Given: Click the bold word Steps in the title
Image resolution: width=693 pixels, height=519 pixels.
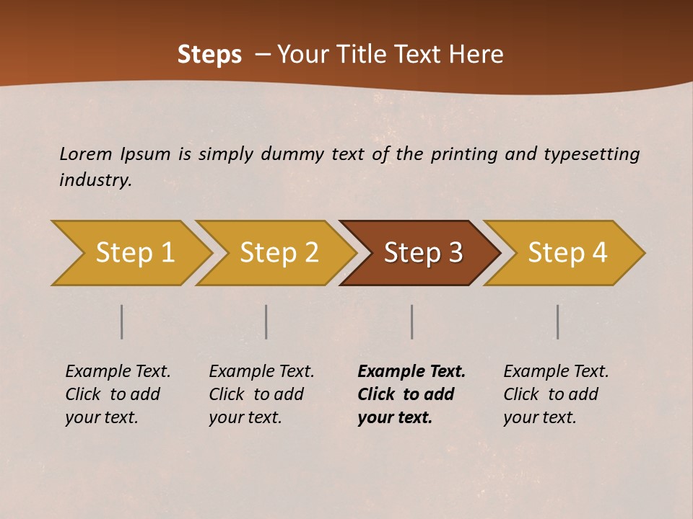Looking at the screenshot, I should [209, 55].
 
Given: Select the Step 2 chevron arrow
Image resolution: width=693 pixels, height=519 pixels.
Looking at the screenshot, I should [279, 253].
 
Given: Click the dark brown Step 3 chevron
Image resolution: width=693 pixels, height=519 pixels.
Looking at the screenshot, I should [423, 253].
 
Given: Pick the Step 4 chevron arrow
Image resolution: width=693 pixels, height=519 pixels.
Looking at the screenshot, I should [567, 253].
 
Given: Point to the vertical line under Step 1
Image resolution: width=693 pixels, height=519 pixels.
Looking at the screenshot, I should [122, 321].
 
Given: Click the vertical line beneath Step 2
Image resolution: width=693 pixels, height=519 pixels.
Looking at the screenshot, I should [266, 321].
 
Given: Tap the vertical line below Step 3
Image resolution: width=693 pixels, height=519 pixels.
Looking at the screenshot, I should [411, 321].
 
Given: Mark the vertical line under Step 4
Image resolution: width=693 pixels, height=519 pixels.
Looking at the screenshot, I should [557, 321].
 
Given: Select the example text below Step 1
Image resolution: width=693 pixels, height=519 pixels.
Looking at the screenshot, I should [117, 394].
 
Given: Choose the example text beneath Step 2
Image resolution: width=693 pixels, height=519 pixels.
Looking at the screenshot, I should [261, 394].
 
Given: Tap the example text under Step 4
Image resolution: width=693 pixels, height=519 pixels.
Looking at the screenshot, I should [555, 394].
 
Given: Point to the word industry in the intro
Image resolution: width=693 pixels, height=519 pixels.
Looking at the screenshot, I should [95, 180].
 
